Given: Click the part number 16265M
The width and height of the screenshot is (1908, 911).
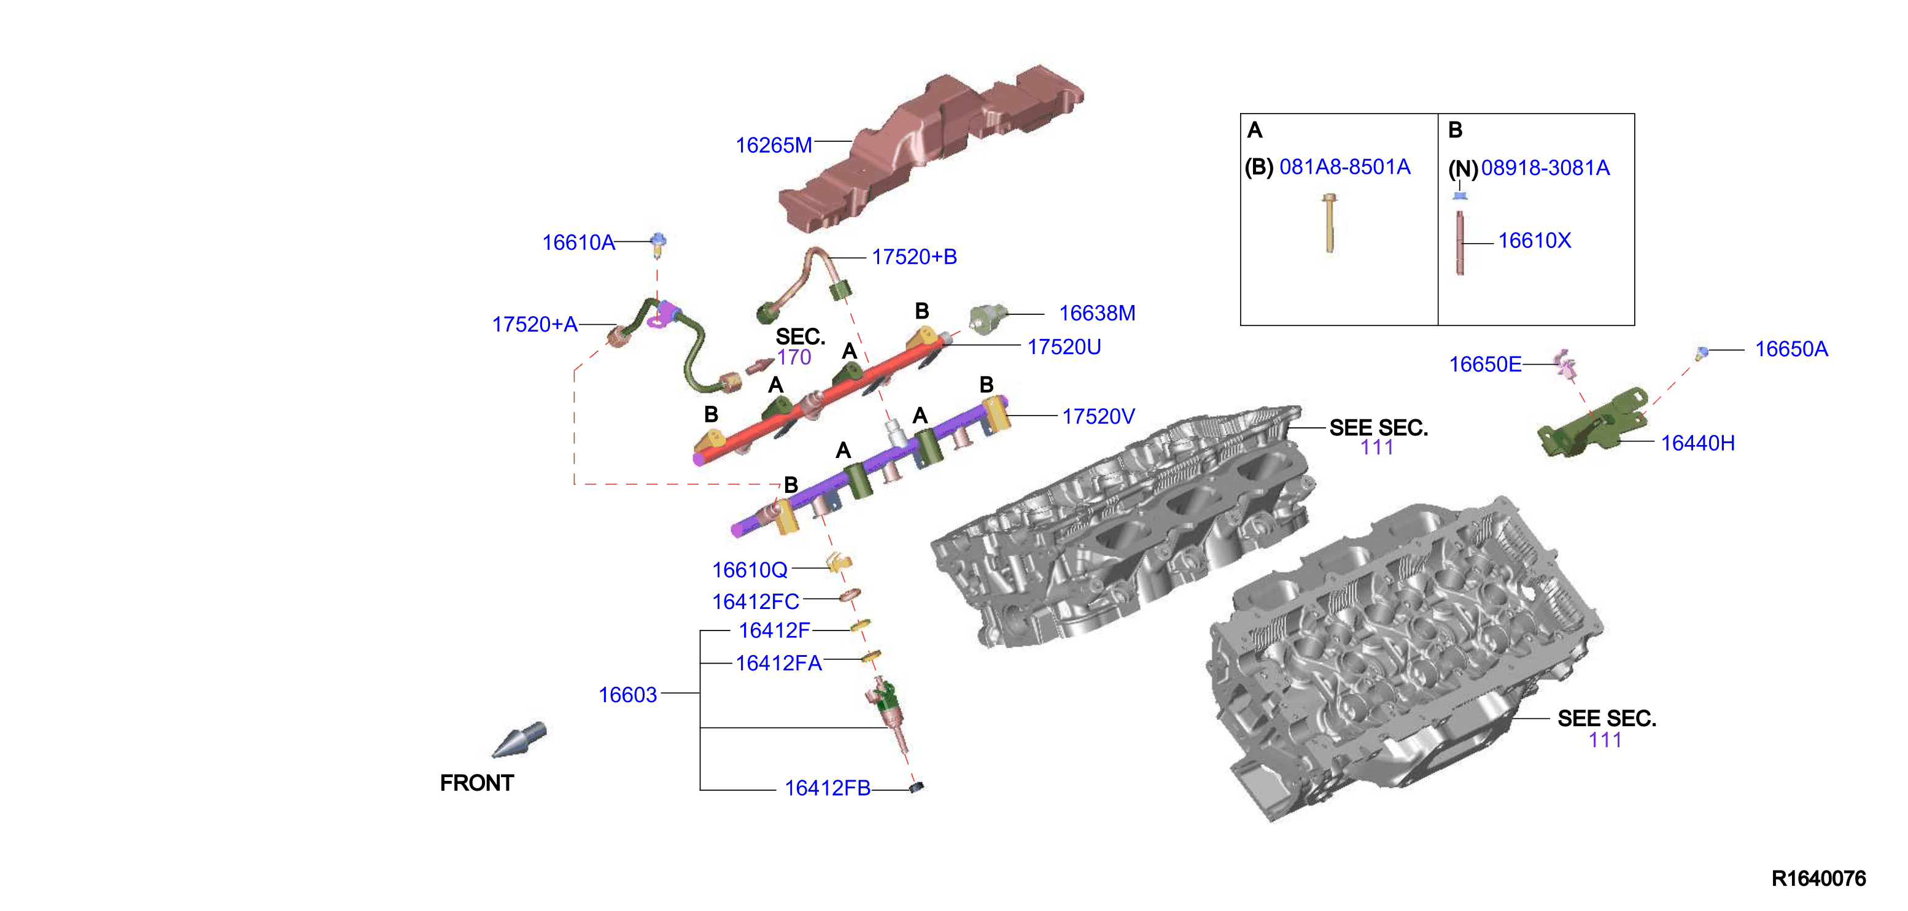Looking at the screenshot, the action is pyautogui.click(x=774, y=145).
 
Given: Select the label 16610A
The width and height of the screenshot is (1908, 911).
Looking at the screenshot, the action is pyautogui.click(x=578, y=242).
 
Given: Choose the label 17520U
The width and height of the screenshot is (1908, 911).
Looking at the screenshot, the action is pyautogui.click(x=1064, y=347).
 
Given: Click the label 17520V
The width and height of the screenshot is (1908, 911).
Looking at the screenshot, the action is pyautogui.click(x=1098, y=416).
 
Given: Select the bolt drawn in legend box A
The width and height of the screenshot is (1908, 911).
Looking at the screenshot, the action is pyautogui.click(x=1330, y=222).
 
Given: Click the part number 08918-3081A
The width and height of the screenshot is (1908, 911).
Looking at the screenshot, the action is pyautogui.click(x=1545, y=168).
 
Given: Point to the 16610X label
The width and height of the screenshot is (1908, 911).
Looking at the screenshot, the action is pyautogui.click(x=1534, y=240).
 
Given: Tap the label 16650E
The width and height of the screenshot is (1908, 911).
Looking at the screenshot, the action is pyautogui.click(x=1485, y=365).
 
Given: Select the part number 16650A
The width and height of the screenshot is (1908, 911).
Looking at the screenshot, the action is pyautogui.click(x=1791, y=349).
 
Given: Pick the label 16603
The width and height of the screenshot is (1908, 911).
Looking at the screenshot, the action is pyautogui.click(x=627, y=695).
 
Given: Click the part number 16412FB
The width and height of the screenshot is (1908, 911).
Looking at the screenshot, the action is pyautogui.click(x=828, y=788).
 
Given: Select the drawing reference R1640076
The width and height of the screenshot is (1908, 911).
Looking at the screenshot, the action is pyautogui.click(x=1818, y=878).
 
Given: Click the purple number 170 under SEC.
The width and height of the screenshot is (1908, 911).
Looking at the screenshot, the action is pyautogui.click(x=794, y=357).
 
